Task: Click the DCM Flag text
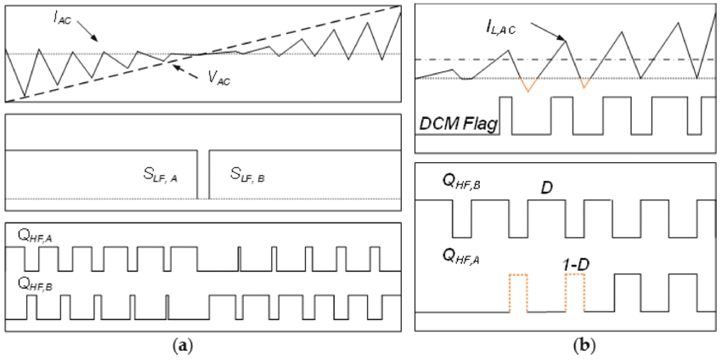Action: pyautogui.click(x=459, y=125)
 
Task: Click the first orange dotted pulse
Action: pyautogui.click(x=518, y=293)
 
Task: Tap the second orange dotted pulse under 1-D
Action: pyautogui.click(x=575, y=293)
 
